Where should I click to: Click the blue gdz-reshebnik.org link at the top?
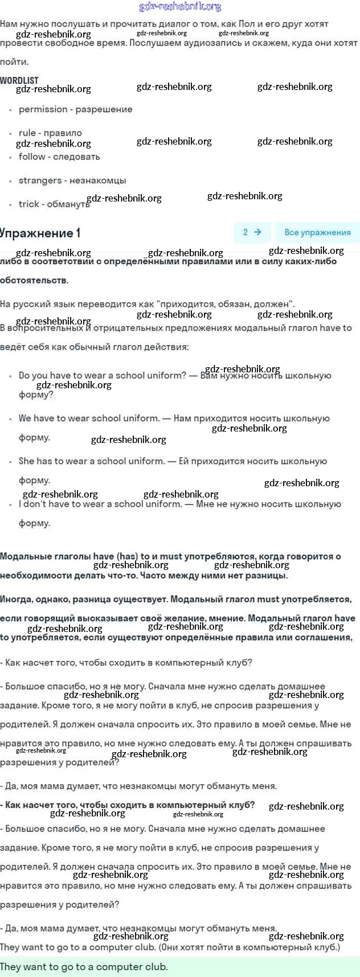(x=180, y=7)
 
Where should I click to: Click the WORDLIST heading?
(x=19, y=80)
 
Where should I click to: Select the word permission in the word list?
(x=43, y=109)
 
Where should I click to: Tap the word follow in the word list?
(x=32, y=157)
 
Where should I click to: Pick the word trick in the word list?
(x=29, y=204)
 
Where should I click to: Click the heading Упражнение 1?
(x=40, y=233)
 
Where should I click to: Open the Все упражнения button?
(x=317, y=232)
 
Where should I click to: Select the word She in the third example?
(x=27, y=461)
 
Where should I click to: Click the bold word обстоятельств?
(x=34, y=280)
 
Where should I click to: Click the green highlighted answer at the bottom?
(x=84, y=967)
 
